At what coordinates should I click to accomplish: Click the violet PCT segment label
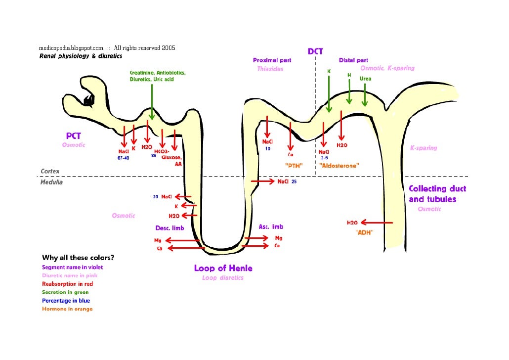74,135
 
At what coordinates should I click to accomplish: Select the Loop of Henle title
223,269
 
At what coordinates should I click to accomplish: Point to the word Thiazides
270,69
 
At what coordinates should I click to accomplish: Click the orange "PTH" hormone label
294,166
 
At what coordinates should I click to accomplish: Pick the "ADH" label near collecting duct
364,232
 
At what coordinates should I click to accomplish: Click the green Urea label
365,79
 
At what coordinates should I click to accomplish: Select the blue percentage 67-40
124,158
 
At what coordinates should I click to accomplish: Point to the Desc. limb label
170,228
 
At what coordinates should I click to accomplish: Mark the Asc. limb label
271,227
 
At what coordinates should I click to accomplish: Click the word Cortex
50,171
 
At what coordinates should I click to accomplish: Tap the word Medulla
51,182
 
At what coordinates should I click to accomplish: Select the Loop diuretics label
222,278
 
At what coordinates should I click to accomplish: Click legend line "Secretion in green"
65,292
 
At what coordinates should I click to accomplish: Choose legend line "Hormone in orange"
67,309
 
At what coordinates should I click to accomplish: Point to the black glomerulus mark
89,100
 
